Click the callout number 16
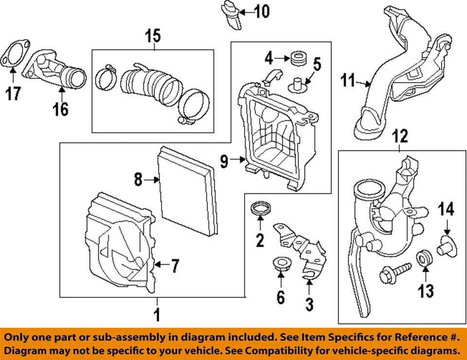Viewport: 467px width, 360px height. click(61, 109)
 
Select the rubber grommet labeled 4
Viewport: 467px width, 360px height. click(297, 58)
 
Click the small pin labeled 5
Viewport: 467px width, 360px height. click(297, 85)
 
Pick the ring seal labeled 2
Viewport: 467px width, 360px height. click(260, 210)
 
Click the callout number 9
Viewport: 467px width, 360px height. click(224, 161)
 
